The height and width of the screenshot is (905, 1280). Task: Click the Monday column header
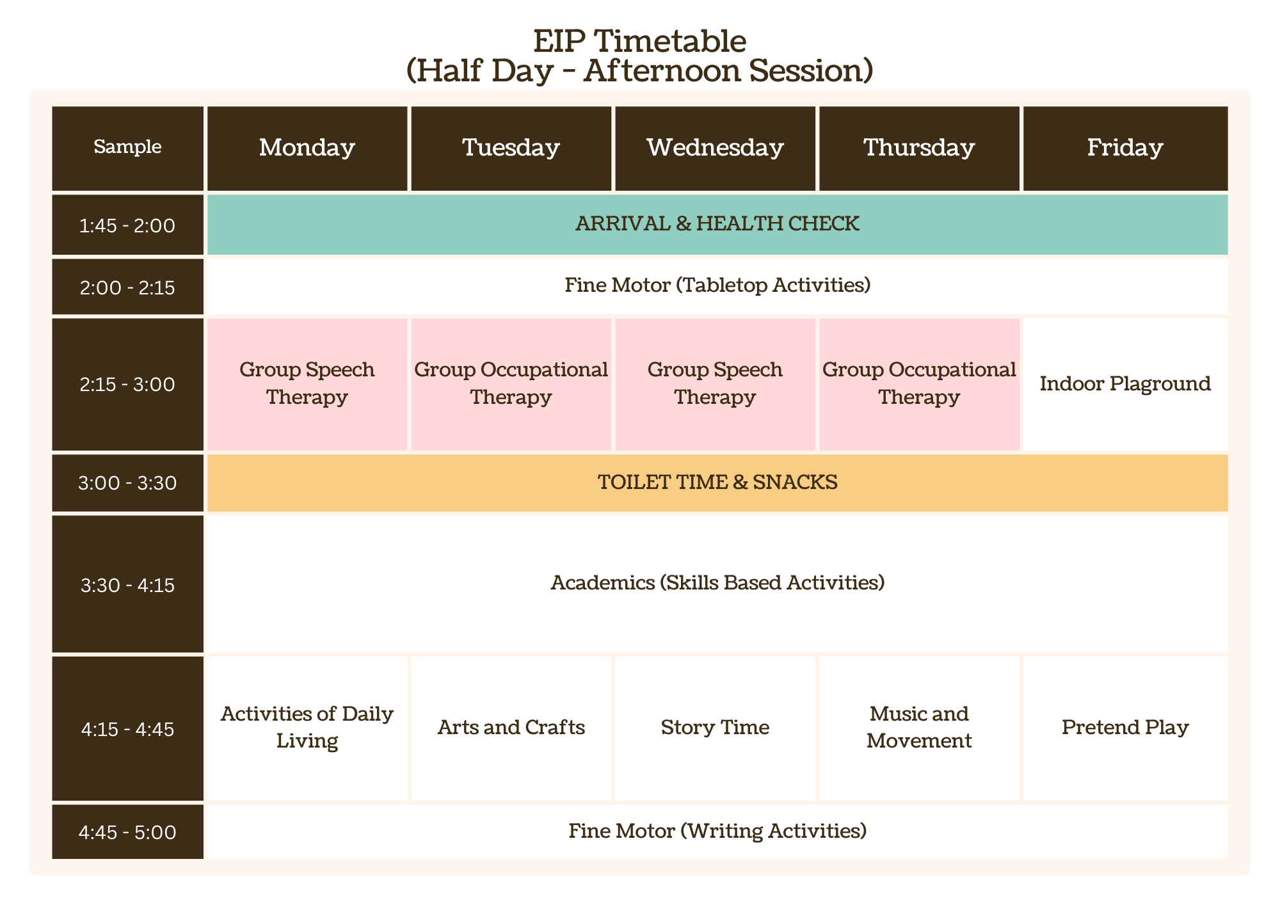[307, 148]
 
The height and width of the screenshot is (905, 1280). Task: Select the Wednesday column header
[715, 148]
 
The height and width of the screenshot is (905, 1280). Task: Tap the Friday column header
[1125, 148]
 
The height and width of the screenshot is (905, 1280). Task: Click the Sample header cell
[127, 148]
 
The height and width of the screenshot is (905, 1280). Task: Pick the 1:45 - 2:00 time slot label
[127, 225]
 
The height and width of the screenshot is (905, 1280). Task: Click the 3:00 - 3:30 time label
[127, 483]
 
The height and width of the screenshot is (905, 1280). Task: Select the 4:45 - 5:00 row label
[127, 832]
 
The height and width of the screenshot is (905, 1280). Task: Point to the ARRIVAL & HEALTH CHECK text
[717, 223]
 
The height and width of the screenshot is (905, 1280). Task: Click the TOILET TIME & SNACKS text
[717, 482]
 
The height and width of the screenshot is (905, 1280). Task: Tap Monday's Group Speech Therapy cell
[307, 384]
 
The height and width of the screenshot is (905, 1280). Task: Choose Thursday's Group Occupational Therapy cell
[919, 384]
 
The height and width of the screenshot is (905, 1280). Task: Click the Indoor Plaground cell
[1125, 384]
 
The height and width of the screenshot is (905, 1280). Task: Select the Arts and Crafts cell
[511, 728]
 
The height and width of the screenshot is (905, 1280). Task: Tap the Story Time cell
[715, 728]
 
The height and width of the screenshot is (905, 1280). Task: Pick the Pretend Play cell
[1125, 728]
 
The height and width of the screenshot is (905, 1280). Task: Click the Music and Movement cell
[919, 728]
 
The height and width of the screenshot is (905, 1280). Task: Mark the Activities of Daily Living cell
[307, 728]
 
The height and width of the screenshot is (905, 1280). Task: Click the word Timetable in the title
[671, 42]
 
